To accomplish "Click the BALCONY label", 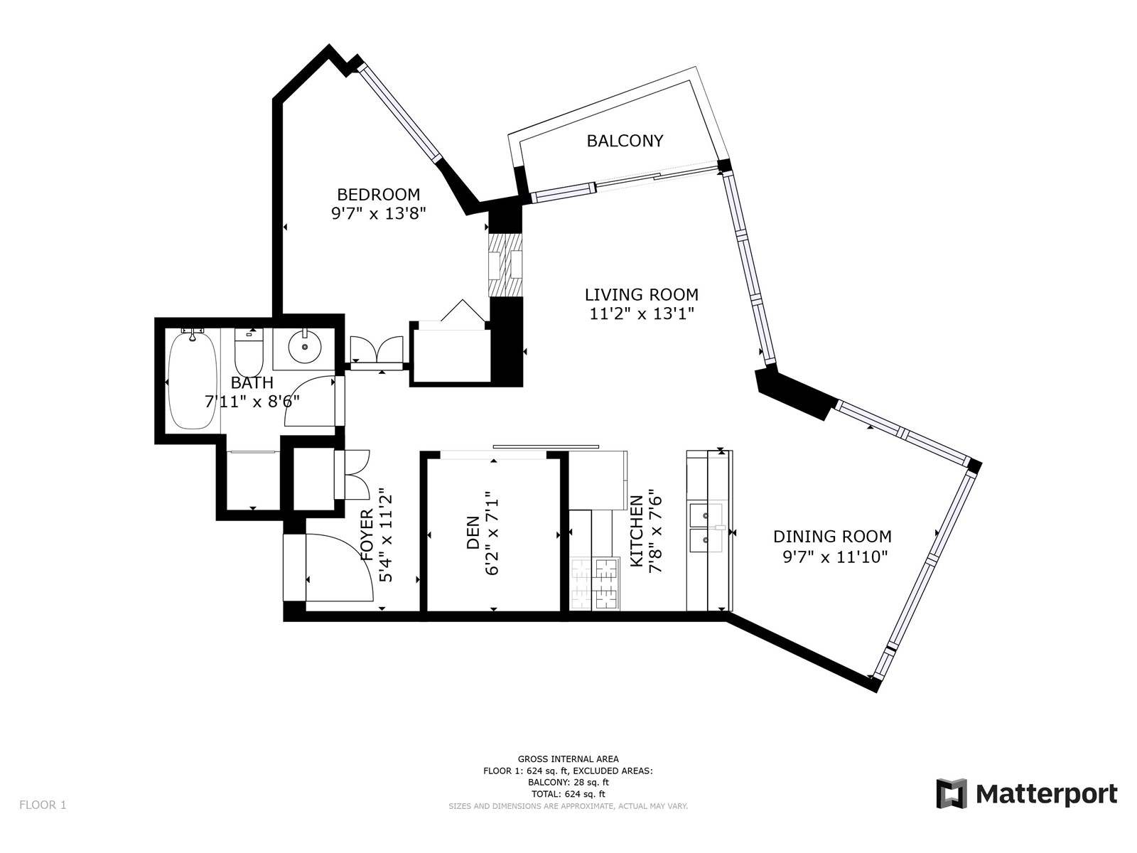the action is point(625,141).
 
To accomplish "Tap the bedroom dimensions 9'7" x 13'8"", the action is point(378,213).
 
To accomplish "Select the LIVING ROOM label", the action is point(641,295).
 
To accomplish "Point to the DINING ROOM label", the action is point(832,536).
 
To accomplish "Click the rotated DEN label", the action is point(473,532).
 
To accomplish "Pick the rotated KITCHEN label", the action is point(636,531).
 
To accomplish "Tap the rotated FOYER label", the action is point(367,535).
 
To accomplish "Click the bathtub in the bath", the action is point(192,382).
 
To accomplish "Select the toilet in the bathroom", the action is point(249,347).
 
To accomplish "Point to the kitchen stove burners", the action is point(596,584).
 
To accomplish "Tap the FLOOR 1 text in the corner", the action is point(43,805).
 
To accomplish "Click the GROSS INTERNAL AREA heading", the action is point(568,759).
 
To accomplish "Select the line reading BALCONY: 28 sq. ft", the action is point(568,783).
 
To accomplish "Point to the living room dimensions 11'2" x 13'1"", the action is point(641,314).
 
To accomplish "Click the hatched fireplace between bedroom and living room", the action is point(505,266).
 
